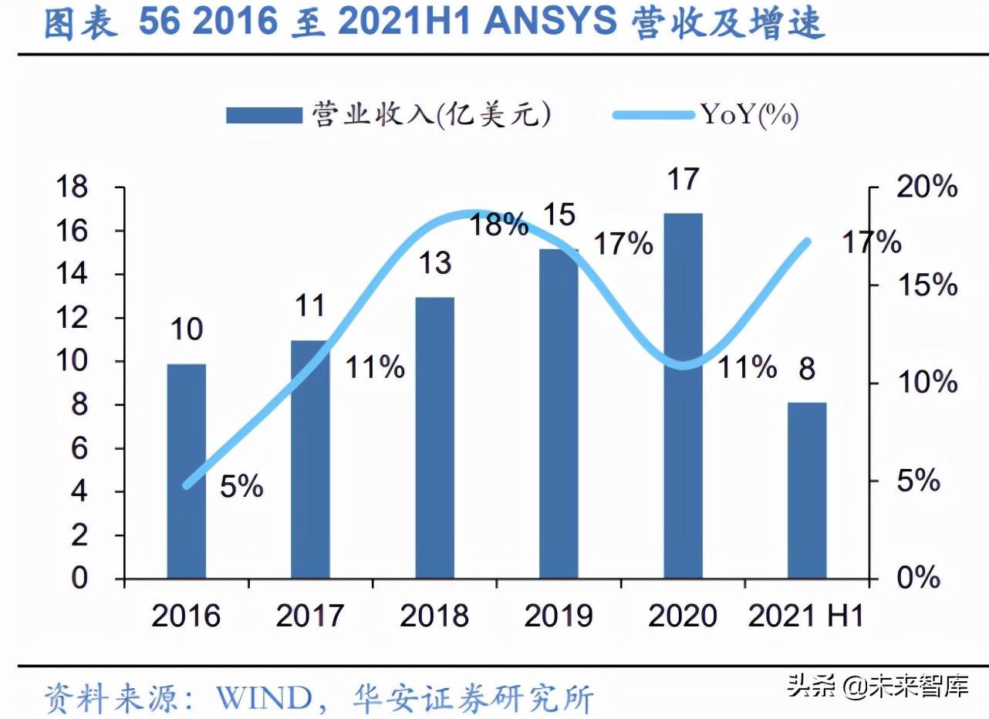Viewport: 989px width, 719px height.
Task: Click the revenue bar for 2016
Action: tap(186, 471)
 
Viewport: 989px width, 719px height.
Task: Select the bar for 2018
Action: tap(434, 437)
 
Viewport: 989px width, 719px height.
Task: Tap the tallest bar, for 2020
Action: tap(683, 396)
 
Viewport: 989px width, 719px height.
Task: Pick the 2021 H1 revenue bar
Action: tap(807, 490)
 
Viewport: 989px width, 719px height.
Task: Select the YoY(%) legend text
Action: tap(749, 116)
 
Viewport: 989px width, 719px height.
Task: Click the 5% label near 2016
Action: tap(241, 487)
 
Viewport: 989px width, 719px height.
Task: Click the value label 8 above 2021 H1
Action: tap(807, 370)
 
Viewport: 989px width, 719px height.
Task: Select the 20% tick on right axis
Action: tap(927, 187)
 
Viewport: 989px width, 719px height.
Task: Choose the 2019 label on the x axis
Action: tap(559, 616)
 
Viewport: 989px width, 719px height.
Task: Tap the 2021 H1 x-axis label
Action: tap(805, 616)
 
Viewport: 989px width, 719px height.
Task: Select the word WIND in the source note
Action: tap(263, 699)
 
